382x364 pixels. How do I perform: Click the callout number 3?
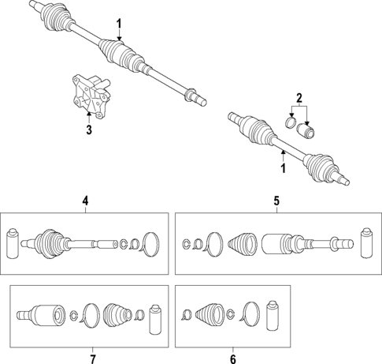(89, 129)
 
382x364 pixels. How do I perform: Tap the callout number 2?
(299, 98)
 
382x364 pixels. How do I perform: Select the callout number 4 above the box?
(85, 201)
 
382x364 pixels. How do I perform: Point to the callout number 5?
(276, 201)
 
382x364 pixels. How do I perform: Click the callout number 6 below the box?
(233, 359)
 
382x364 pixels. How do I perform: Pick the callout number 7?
(93, 359)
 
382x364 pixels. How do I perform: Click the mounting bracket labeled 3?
(91, 96)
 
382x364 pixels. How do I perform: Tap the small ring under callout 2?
(291, 122)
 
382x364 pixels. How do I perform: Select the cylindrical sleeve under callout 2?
(306, 130)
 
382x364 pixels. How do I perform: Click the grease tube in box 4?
(13, 243)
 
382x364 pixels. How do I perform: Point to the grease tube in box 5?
(367, 242)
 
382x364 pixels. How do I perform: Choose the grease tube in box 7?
(156, 320)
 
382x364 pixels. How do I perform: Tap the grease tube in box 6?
(273, 316)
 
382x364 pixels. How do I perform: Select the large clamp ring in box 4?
(150, 244)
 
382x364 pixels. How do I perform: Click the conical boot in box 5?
(243, 244)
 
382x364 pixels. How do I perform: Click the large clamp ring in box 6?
(250, 314)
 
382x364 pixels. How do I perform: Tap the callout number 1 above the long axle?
(119, 24)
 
